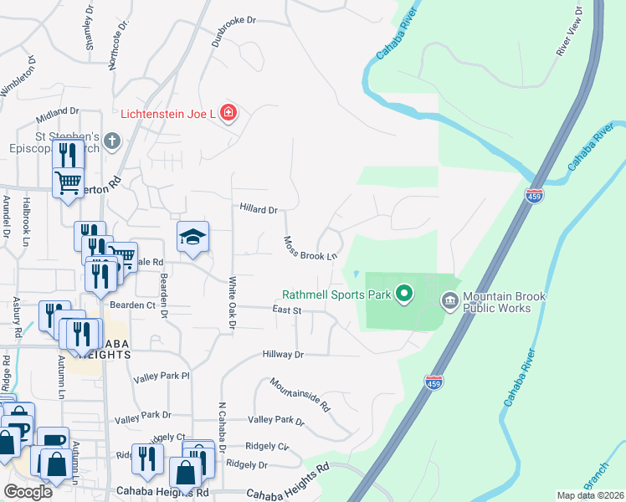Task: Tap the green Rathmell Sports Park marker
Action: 405,294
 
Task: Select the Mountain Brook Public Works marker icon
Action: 449,300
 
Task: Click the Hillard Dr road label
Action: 258,210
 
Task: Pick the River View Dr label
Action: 569,31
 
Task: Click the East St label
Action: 286,310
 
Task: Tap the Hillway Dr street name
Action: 282,355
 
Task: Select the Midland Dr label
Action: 57,110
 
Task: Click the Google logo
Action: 28,491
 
